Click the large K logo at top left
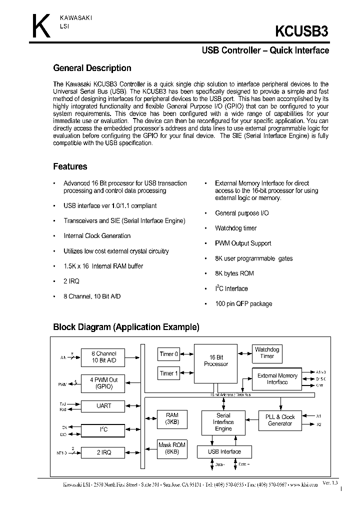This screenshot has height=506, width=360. pyautogui.click(x=41, y=26)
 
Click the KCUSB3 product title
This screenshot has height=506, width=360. pyautogui.click(x=302, y=31)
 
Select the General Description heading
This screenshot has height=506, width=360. pyautogui.click(x=92, y=68)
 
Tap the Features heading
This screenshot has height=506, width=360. pyautogui.click(x=70, y=166)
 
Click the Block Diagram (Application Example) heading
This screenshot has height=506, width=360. pyautogui.click(x=126, y=327)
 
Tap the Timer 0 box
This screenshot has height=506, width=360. pyautogui.click(x=168, y=354)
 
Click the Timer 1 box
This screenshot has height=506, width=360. pyautogui.click(x=168, y=373)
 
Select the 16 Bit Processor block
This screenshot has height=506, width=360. pyautogui.click(x=216, y=361)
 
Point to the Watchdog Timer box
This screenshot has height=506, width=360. pyautogui.click(x=267, y=352)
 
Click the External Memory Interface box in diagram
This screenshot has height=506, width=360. pyautogui.click(x=277, y=379)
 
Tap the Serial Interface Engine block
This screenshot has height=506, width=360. pyautogui.click(x=223, y=422)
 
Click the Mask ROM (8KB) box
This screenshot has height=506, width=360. pyautogui.click(x=171, y=448)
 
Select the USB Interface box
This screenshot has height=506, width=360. pyautogui.click(x=224, y=452)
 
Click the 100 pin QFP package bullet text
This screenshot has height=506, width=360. pyautogui.click(x=243, y=304)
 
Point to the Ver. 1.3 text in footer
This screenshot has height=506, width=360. pyautogui.click(x=330, y=483)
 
